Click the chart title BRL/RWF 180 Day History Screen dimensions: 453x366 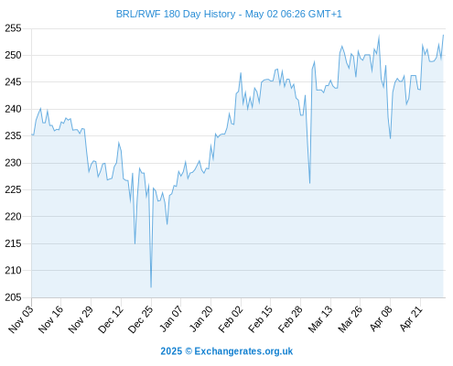[176, 14]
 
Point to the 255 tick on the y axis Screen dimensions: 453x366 [13, 28]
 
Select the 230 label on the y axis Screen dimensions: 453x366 [13, 163]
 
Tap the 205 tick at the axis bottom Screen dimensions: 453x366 [13, 297]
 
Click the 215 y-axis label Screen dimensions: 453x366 [13, 243]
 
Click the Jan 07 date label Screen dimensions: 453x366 [171, 318]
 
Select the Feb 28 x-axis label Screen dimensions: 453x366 [290, 318]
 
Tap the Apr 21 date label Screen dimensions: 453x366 [411, 318]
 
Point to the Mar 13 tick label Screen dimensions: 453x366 [320, 318]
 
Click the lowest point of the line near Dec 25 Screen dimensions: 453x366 [151, 287]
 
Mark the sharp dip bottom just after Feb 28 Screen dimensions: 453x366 [309, 183]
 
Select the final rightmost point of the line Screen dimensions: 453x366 [443, 35]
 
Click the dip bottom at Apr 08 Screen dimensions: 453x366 [390, 138]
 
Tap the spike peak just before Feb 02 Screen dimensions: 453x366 [241, 72]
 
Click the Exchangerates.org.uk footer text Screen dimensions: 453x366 [243, 351]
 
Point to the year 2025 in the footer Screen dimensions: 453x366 [171, 351]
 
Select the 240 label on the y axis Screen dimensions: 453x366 [13, 109]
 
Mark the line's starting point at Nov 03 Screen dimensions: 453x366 [32, 135]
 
